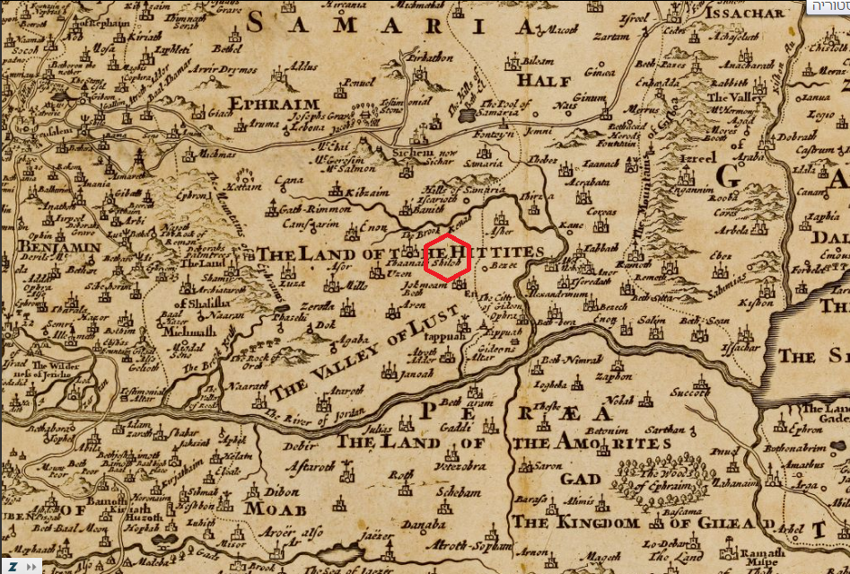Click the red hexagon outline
pyautogui.click(x=447, y=258)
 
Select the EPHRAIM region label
pyautogui.click(x=267, y=102)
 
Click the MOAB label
pyautogui.click(x=270, y=509)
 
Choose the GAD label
pyautogui.click(x=581, y=479)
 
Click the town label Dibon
pyautogui.click(x=285, y=491)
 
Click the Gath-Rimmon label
pyautogui.click(x=294, y=207)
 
